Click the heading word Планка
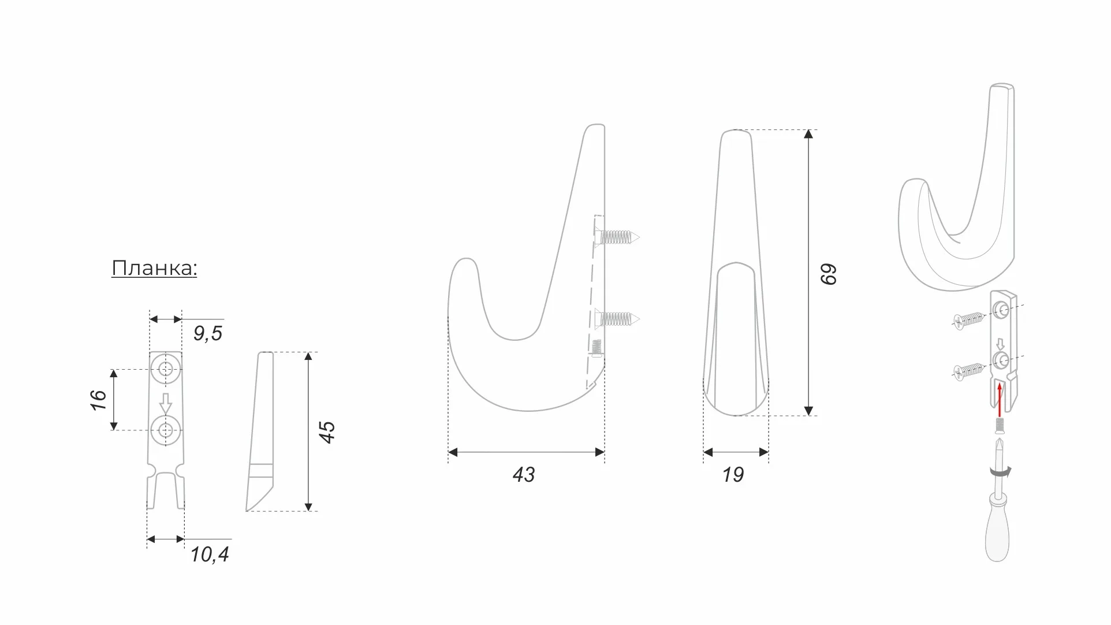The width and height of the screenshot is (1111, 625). coord(154,269)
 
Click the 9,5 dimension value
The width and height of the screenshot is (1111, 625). coord(208,333)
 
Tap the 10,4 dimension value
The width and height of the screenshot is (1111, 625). coord(210,555)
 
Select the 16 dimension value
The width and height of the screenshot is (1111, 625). coord(99,400)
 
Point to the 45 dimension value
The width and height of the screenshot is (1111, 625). coord(327,432)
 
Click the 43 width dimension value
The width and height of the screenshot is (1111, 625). coord(524,475)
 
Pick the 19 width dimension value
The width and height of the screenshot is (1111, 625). coord(733,475)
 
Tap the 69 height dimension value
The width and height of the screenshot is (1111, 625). coord(828,274)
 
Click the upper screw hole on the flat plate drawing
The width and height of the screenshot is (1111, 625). coord(166,368)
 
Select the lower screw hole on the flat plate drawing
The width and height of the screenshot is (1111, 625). coord(166,430)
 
